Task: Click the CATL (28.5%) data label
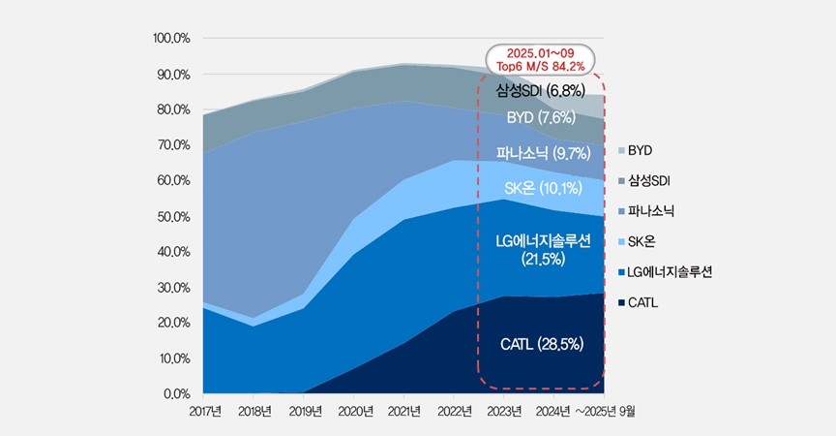pyautogui.click(x=542, y=344)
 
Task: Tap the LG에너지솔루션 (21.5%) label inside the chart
pyautogui.click(x=541, y=248)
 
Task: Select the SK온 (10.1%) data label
pyautogui.click(x=541, y=187)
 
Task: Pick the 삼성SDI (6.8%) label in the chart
pyautogui.click(x=541, y=91)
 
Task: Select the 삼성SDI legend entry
pyautogui.click(x=645, y=179)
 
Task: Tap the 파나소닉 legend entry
pyautogui.click(x=645, y=209)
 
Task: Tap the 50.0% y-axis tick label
pyautogui.click(x=174, y=216)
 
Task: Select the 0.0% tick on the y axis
pyautogui.click(x=177, y=394)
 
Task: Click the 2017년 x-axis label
pyautogui.click(x=204, y=412)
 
